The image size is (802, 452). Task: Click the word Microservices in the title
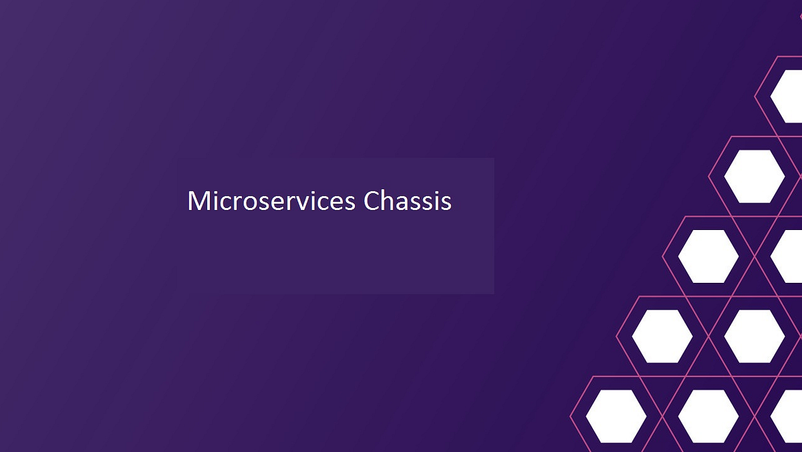point(271,201)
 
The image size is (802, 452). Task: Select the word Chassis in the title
point(408,201)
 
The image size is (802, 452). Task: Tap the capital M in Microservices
point(197,201)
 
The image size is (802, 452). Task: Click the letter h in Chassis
point(387,201)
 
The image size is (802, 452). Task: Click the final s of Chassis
point(446,203)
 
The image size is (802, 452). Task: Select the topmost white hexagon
point(787,96)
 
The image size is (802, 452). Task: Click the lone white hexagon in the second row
point(755,176)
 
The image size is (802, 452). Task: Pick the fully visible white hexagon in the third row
point(708,256)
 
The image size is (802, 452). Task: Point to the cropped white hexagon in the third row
point(787,256)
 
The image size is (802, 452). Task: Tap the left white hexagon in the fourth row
point(662,336)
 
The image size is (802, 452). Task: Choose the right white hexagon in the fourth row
point(755,336)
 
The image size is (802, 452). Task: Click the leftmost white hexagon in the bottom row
point(616,416)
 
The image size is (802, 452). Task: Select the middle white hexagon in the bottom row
point(708,416)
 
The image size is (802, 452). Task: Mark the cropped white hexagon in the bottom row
point(787,416)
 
